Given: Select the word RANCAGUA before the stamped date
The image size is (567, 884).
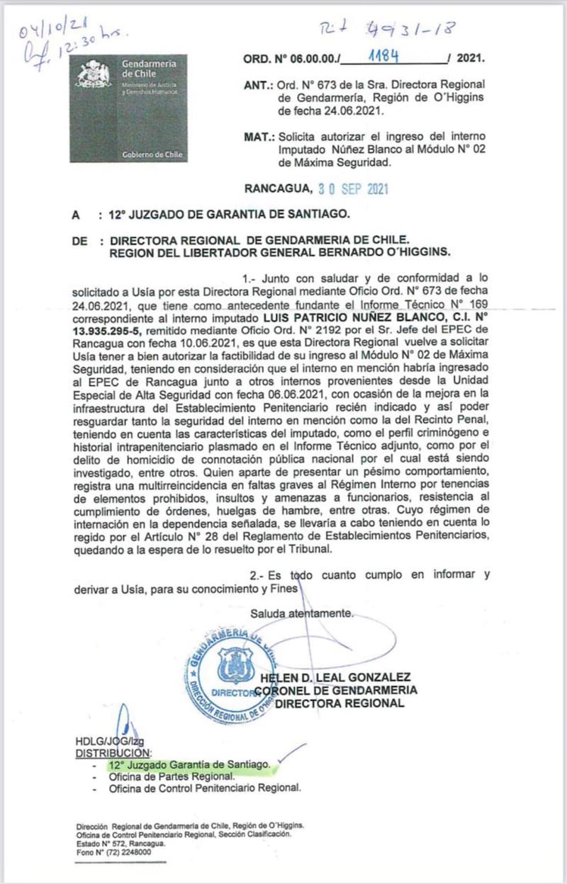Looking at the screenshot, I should (x=278, y=189).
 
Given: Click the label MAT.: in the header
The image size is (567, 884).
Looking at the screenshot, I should (x=259, y=136).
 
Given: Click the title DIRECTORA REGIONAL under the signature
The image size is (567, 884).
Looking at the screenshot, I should (x=339, y=703).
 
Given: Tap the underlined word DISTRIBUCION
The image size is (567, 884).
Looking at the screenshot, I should (x=113, y=752).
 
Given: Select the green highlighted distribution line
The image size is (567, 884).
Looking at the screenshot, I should (x=189, y=765).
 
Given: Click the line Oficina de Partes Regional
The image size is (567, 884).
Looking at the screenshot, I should (x=162, y=776).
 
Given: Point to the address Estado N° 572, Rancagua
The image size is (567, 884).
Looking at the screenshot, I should (x=120, y=844).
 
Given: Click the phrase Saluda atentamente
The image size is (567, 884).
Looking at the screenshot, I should (x=301, y=613).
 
